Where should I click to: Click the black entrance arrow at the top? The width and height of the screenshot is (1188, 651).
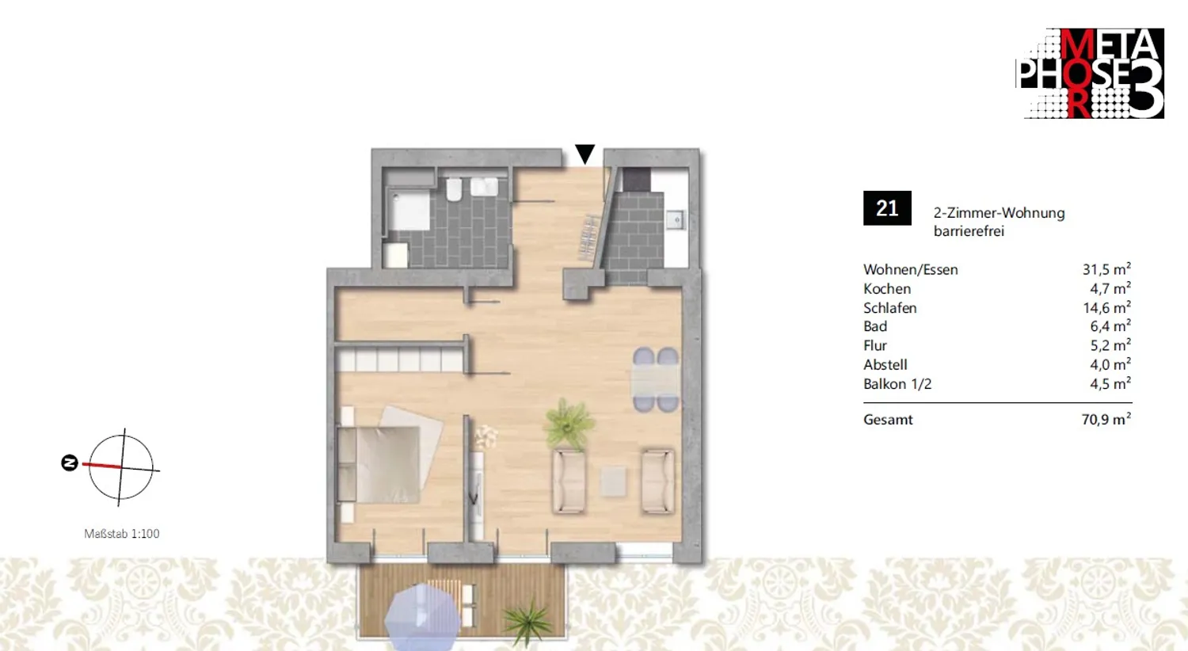(585, 154)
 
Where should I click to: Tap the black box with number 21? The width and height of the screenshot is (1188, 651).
(887, 208)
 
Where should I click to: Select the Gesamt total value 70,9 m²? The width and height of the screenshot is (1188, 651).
(1106, 419)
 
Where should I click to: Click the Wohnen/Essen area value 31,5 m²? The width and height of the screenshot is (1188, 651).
(1106, 269)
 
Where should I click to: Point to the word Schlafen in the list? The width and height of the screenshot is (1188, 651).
(890, 308)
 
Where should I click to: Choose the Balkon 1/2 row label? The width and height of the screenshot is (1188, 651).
(897, 384)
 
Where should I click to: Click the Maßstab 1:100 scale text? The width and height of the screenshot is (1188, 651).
(122, 534)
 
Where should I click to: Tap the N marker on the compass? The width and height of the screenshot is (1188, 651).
(70, 463)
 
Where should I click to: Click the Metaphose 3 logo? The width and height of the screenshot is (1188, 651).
(1090, 73)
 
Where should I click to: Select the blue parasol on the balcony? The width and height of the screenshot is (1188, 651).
(423, 616)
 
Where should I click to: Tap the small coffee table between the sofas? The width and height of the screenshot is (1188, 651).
(613, 482)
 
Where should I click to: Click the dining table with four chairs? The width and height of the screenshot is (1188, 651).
(656, 379)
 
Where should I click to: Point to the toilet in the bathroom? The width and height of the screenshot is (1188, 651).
(454, 188)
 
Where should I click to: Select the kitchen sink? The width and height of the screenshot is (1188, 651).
(676, 219)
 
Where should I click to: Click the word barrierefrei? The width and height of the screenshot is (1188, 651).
(969, 232)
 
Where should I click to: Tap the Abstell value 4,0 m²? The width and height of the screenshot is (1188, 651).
(1110, 365)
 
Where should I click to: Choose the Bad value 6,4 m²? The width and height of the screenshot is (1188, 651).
(1110, 326)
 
